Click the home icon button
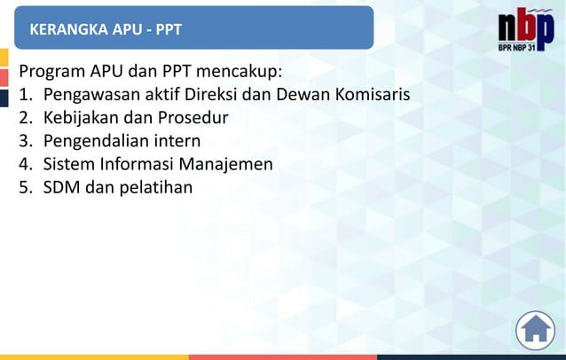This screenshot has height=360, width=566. pyautogui.click(x=535, y=330)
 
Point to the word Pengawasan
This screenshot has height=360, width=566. pyautogui.click(x=92, y=94)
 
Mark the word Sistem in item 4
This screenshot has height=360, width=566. pyautogui.click(x=70, y=164)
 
